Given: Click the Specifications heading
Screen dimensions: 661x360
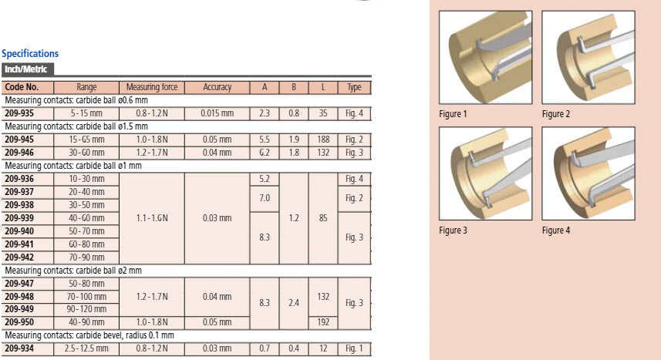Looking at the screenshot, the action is point(30,53).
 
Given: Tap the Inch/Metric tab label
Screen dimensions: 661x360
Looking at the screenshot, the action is point(25,69).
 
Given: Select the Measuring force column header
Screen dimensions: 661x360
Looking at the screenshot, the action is point(152,87).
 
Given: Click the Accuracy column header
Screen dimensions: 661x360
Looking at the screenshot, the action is point(217,87).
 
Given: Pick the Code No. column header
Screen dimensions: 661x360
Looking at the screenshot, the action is point(22,87).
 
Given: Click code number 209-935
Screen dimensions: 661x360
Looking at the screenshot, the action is point(19,113).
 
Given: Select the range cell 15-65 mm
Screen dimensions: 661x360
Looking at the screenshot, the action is point(86,140).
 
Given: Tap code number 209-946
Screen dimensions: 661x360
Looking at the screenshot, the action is point(19,153).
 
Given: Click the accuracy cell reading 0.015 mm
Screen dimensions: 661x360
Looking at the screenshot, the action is point(217,113).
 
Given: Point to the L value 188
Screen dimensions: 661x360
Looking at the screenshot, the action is point(323,140).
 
